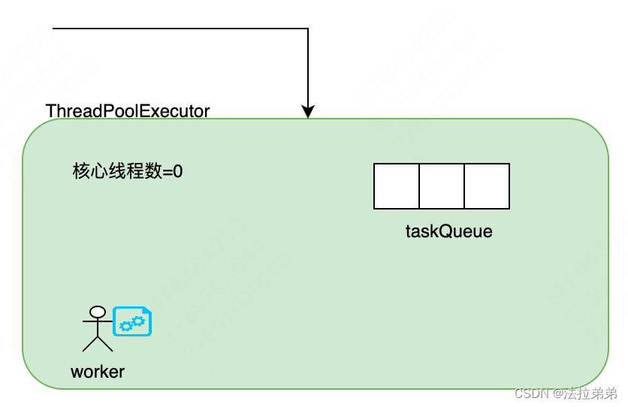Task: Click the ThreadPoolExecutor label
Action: (128, 111)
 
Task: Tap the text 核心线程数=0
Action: (128, 171)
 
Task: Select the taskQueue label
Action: (448, 231)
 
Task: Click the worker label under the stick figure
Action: (98, 371)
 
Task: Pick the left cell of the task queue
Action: (397, 186)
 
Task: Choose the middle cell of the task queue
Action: (442, 186)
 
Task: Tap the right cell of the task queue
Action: (487, 186)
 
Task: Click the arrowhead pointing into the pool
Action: (308, 112)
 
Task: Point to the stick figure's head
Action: (97, 312)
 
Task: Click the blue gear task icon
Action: (132, 321)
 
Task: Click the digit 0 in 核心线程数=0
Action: (178, 171)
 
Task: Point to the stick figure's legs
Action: (97, 343)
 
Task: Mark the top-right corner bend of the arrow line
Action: (308, 29)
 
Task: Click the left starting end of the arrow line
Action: (55, 29)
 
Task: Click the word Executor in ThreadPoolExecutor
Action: (177, 111)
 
